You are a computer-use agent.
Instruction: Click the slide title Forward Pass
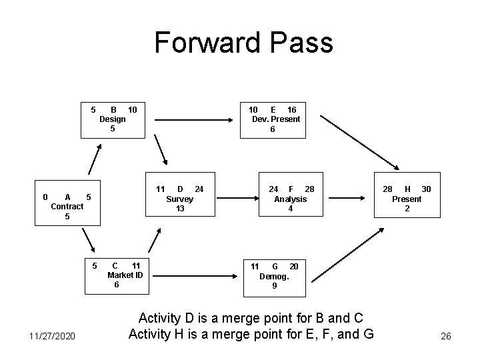coord(243,43)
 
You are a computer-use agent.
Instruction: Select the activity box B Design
coord(113,119)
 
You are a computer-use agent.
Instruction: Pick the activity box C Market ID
coord(117,275)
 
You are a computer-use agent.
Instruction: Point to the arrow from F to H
coord(347,198)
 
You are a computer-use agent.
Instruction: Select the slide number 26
coord(445,336)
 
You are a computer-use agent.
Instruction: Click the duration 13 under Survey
coord(179,209)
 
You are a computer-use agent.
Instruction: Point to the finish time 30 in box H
coord(426,189)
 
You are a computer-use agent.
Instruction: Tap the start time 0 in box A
coord(45,197)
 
